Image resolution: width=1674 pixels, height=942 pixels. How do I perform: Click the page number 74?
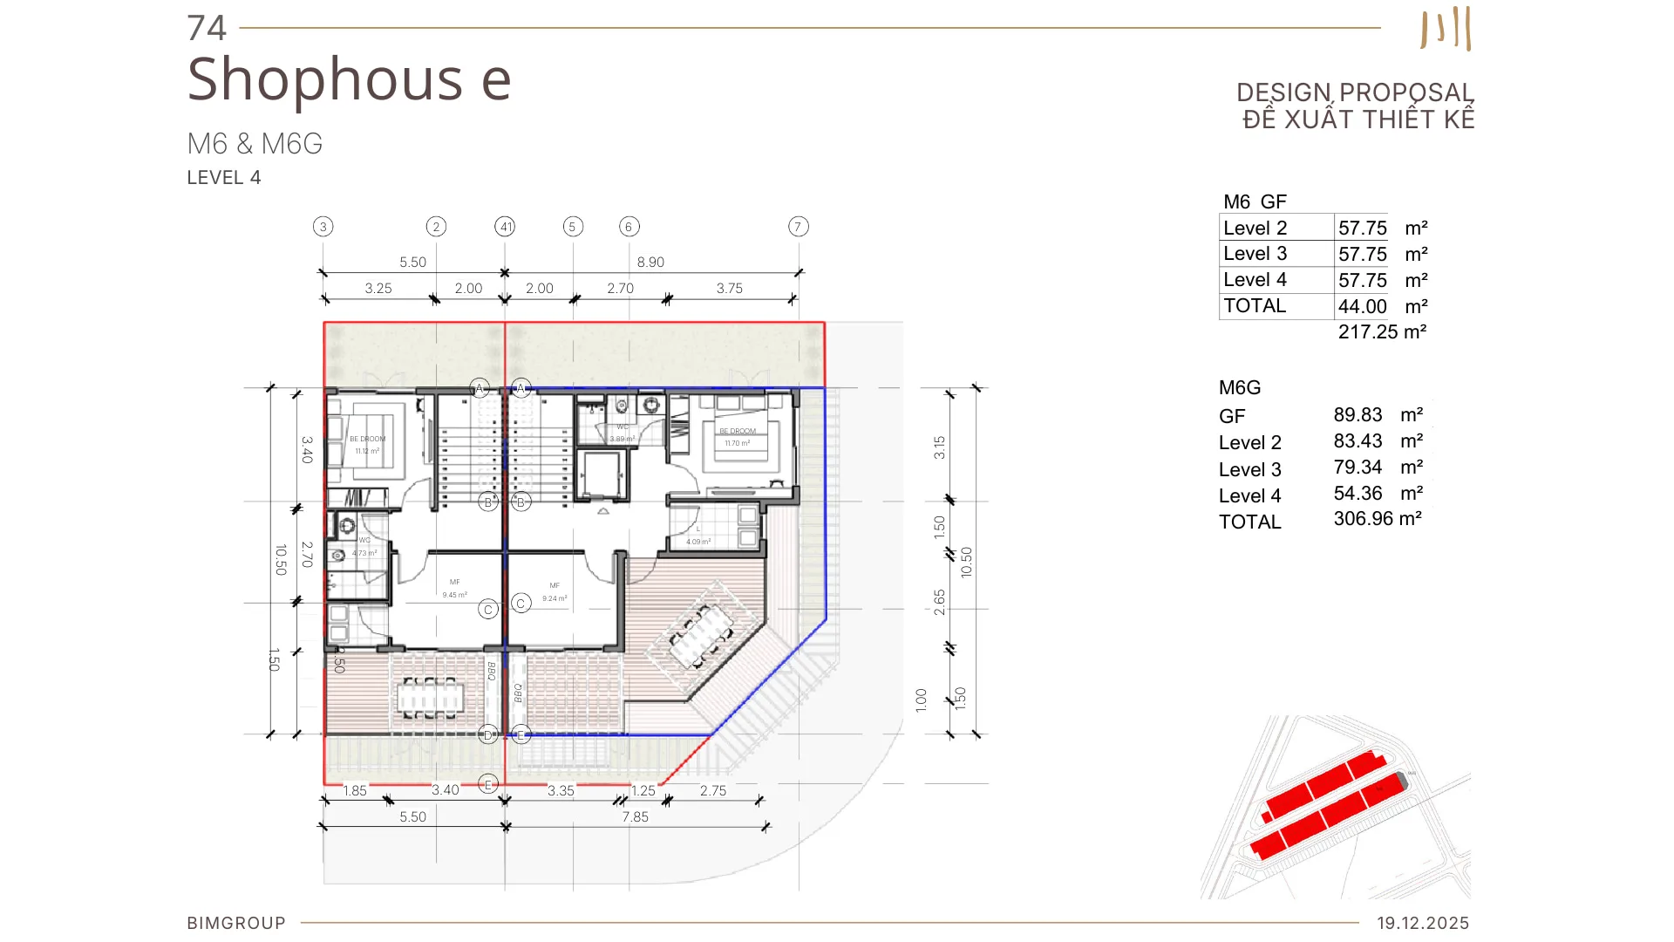[207, 28]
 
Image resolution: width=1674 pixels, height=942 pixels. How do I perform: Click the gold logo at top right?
[1446, 29]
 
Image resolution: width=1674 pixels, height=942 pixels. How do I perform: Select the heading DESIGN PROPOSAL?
[1354, 92]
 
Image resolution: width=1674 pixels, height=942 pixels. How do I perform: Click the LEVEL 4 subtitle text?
[224, 178]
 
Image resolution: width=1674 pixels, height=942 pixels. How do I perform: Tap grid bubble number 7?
[798, 227]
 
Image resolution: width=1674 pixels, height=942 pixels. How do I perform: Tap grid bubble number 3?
[323, 227]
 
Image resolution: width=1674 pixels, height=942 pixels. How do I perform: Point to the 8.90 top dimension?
[650, 262]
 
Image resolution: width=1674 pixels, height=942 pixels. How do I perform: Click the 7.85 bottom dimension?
[635, 817]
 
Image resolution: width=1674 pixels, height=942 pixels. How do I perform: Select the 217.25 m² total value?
[1382, 332]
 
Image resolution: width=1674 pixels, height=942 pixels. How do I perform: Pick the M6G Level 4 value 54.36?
[1358, 494]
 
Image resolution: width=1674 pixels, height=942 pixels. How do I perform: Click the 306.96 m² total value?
[1377, 519]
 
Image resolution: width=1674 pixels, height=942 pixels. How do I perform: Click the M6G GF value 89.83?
[1358, 415]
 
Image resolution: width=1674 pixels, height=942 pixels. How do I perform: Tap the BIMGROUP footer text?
[236, 923]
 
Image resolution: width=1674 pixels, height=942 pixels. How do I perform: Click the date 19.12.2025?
[1423, 923]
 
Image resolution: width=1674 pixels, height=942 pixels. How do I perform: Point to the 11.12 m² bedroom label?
[367, 451]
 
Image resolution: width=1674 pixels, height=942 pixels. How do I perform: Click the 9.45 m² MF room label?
[454, 595]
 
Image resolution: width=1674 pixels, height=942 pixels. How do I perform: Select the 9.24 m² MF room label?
[555, 598]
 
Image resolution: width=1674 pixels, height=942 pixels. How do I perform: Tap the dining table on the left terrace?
[431, 698]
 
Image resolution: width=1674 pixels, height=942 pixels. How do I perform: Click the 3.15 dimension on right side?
[939, 447]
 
